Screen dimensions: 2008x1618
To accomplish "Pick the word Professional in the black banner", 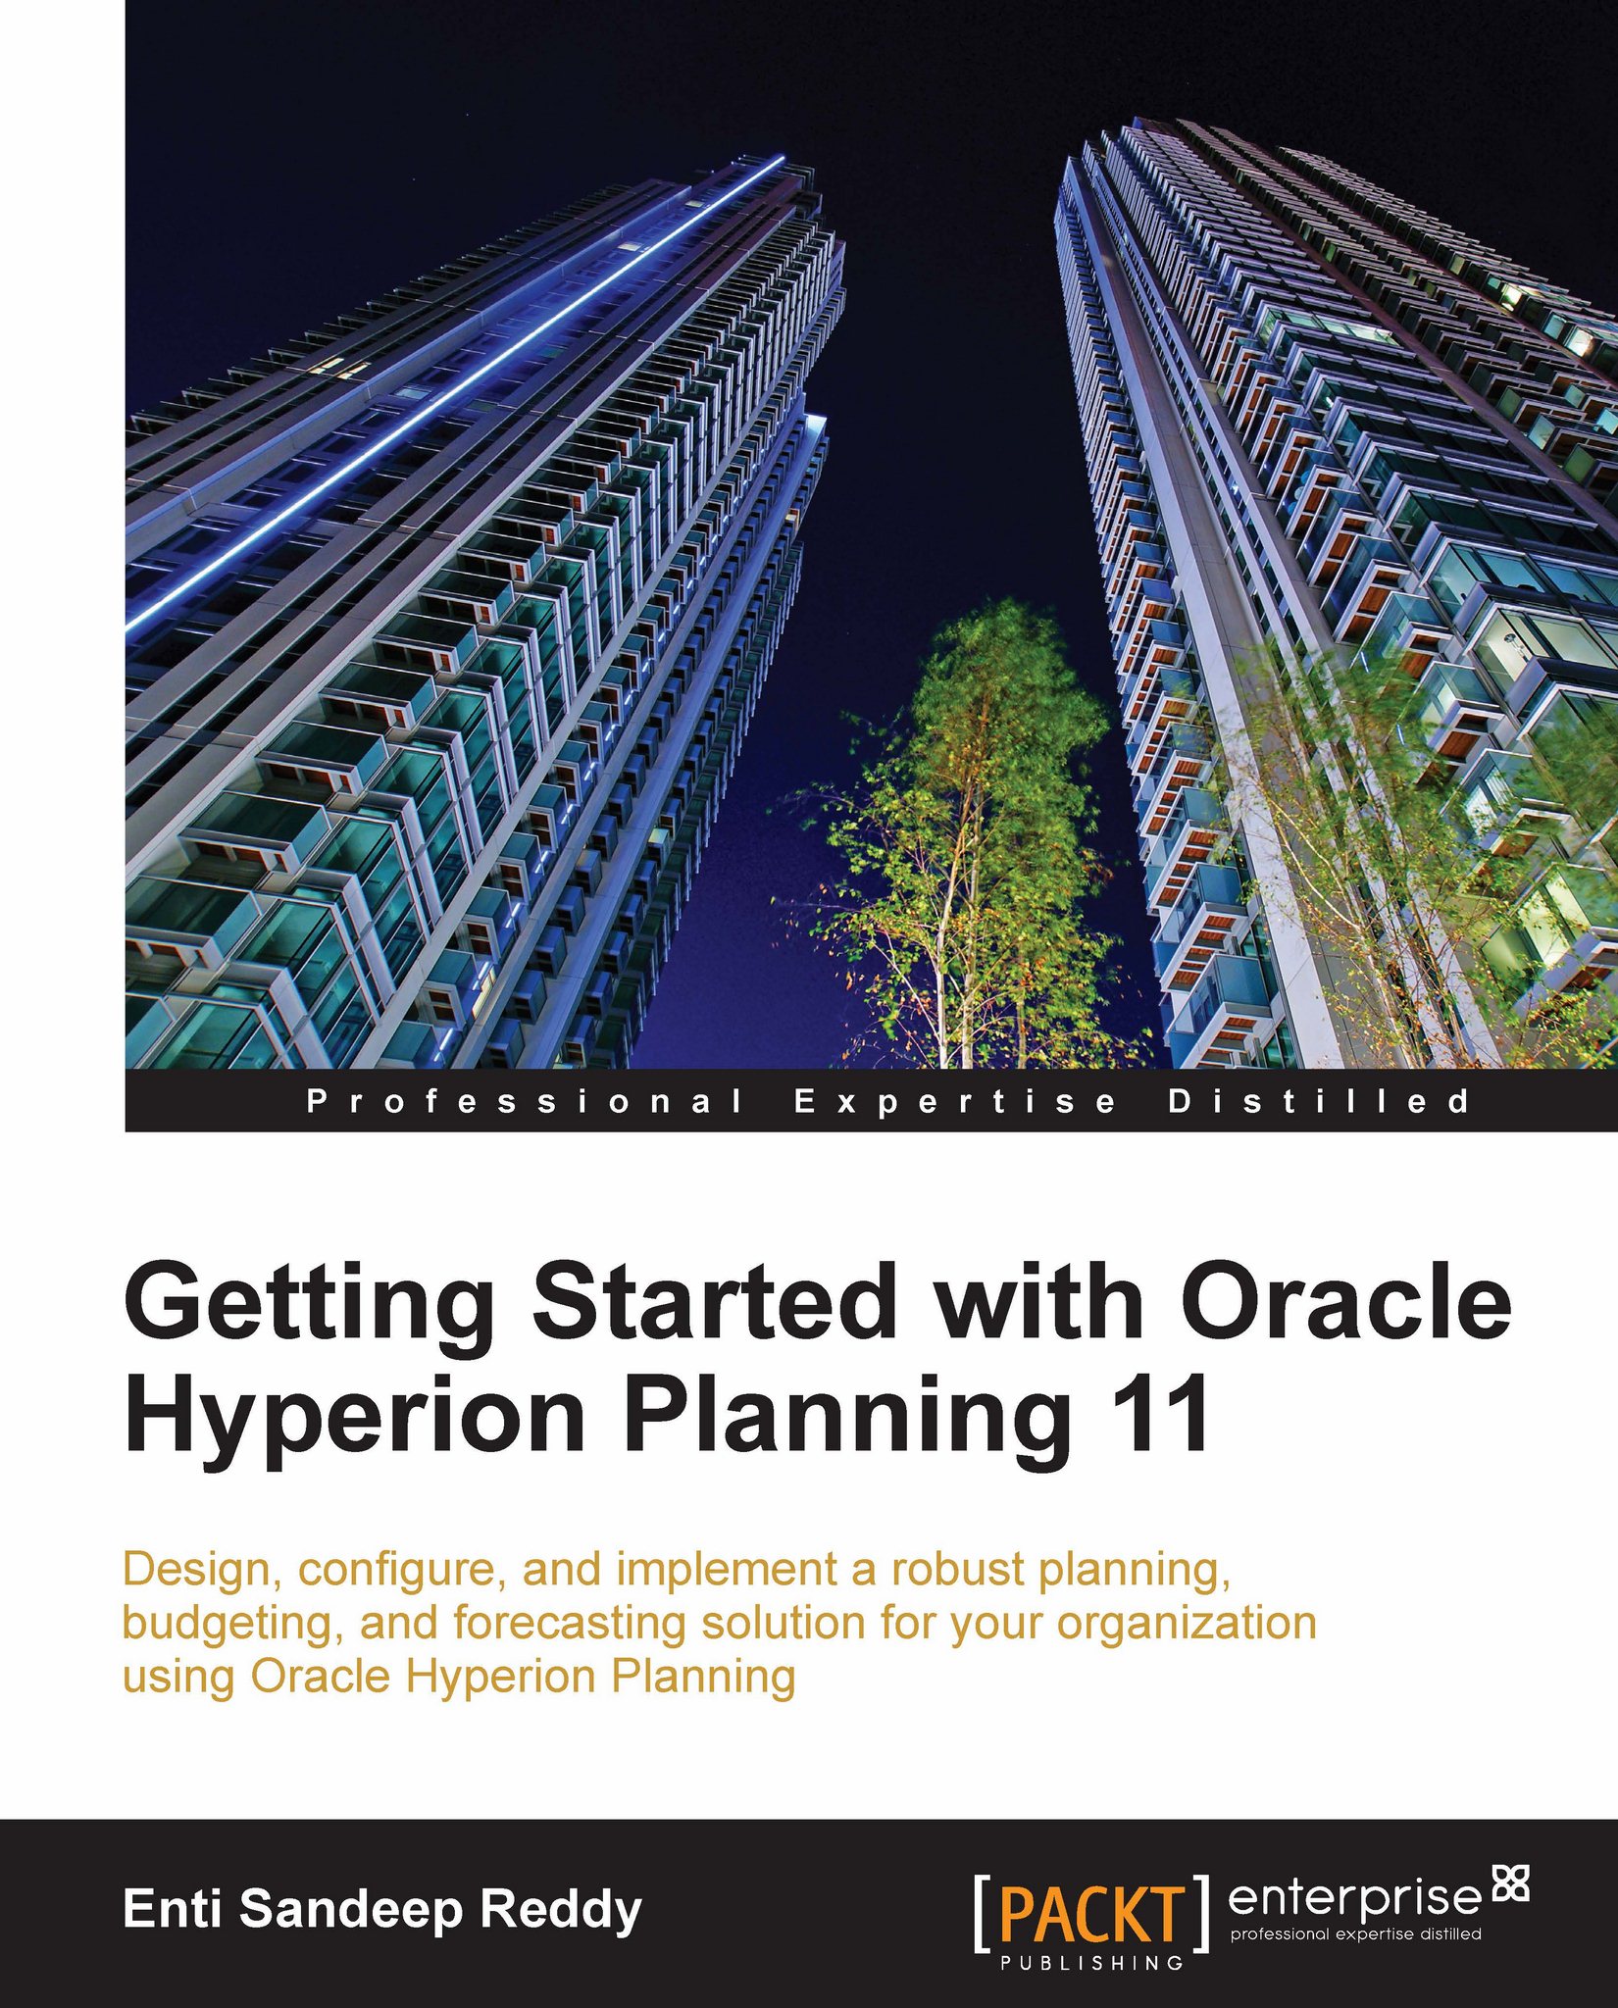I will pos(525,1101).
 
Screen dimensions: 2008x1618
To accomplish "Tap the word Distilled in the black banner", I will pos(1319,1101).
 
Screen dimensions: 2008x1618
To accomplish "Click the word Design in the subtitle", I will pos(202,1570).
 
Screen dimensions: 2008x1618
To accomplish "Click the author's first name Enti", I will pos(173,1909).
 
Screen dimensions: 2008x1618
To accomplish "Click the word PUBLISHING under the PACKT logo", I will pos(1091,1962).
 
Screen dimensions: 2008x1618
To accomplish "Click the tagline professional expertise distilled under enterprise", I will pos(1355,1934).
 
